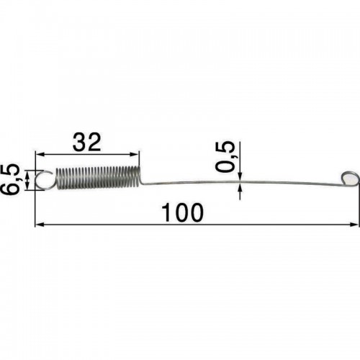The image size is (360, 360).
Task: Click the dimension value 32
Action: pos(86,143)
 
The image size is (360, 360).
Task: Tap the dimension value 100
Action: pos(182,212)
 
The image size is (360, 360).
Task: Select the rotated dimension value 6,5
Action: pos(10,179)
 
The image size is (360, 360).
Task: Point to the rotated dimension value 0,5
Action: pos(225,156)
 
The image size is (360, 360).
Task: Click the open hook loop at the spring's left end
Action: pos(45,179)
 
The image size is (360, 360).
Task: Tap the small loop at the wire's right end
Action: pos(350,179)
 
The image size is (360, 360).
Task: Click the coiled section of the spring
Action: pos(98,177)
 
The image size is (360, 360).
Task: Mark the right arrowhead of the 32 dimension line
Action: pos(135,154)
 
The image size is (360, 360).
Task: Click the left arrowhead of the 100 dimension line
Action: pos(39,225)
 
